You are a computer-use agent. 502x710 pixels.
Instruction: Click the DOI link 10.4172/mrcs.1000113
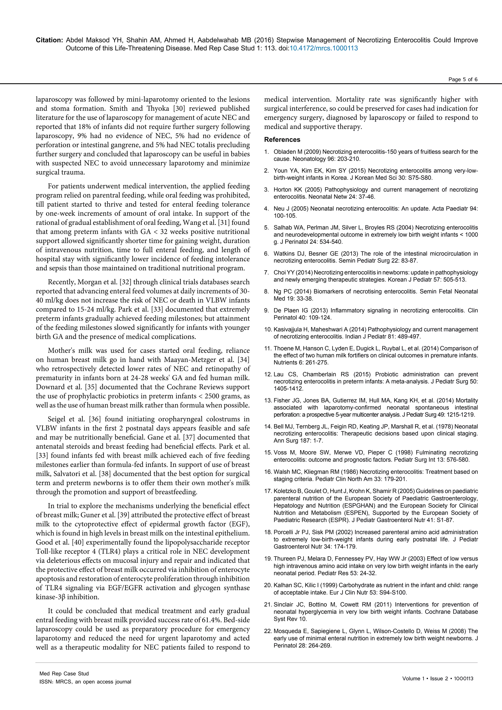coord(323,48)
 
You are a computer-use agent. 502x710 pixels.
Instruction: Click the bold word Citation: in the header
coord(50,40)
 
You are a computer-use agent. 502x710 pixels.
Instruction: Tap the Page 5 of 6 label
coord(463,79)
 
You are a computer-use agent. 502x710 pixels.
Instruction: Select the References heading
coord(282,139)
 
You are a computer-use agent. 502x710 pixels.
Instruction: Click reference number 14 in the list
coord(267,426)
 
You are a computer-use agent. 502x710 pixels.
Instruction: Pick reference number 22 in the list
coord(267,631)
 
